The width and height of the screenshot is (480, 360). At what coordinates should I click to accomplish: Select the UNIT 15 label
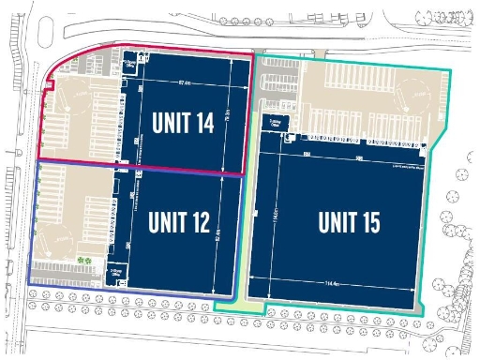pyautogui.click(x=348, y=222)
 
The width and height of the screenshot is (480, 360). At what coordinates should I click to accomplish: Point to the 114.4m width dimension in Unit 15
pyautogui.click(x=333, y=283)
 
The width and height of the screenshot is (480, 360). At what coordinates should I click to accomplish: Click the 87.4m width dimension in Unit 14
pyautogui.click(x=185, y=83)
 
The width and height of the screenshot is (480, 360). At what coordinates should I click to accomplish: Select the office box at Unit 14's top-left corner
pyautogui.click(x=131, y=65)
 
